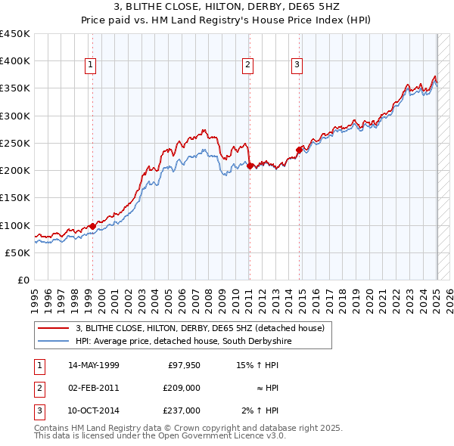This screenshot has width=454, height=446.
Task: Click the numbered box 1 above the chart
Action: [x=90, y=66]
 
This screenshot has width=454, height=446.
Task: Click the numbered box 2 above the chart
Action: [x=247, y=66]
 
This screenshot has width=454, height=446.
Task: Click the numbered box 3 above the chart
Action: [x=297, y=66]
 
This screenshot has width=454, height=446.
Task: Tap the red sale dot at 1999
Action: [x=92, y=226]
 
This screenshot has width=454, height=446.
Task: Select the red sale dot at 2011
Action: [x=250, y=166]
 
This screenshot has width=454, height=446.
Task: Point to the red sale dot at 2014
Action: [x=300, y=150]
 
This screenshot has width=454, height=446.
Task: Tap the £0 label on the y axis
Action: [x=23, y=280]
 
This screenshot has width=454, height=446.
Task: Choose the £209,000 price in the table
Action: [x=182, y=388]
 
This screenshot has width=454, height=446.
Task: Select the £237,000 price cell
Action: [x=182, y=410]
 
